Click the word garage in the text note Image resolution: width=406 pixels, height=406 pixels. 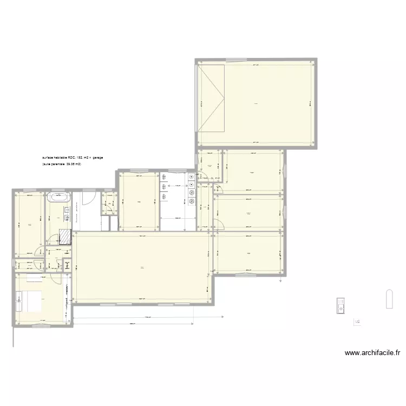pos(97,158)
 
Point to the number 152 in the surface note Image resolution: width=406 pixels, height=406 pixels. pos(80,158)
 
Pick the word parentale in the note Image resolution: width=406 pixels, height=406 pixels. pos(57,163)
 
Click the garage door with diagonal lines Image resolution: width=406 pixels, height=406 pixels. pos(211,97)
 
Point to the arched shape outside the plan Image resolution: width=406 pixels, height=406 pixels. pos(389,299)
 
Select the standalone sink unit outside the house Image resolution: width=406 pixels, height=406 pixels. pos(340,305)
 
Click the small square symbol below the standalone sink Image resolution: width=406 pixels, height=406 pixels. pos(357,322)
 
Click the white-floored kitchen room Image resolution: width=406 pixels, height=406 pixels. pos(177,200)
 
